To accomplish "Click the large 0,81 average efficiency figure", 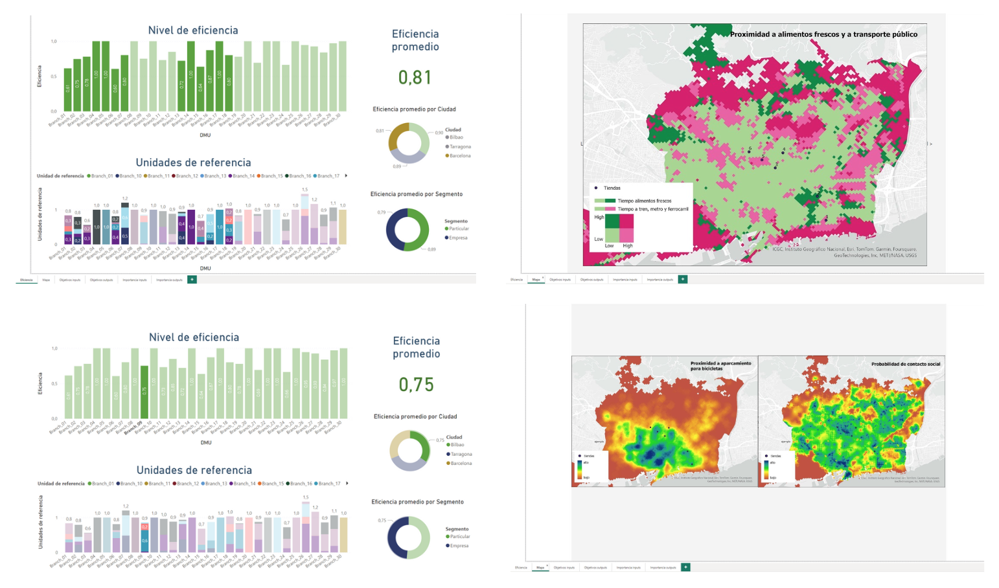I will click(x=415, y=77).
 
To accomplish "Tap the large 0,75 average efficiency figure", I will click(x=416, y=385).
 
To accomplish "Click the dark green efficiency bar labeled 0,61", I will click(x=68, y=89).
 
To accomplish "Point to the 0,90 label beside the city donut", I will click(x=439, y=133).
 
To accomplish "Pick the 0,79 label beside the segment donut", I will click(x=382, y=212).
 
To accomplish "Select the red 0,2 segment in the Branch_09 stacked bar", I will click(x=144, y=527).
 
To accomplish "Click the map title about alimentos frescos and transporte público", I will click(x=823, y=34).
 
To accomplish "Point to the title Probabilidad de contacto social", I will click(x=905, y=364).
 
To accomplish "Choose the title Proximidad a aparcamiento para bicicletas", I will click(x=720, y=366).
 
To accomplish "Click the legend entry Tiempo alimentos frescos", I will click(x=644, y=201).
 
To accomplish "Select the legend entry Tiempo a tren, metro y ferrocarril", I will click(x=652, y=209).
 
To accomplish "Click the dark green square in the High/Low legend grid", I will click(x=612, y=221).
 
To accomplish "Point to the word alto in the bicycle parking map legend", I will click(x=586, y=462).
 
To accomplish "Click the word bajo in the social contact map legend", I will click(x=773, y=477).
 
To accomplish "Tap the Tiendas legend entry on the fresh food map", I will click(x=612, y=188).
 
